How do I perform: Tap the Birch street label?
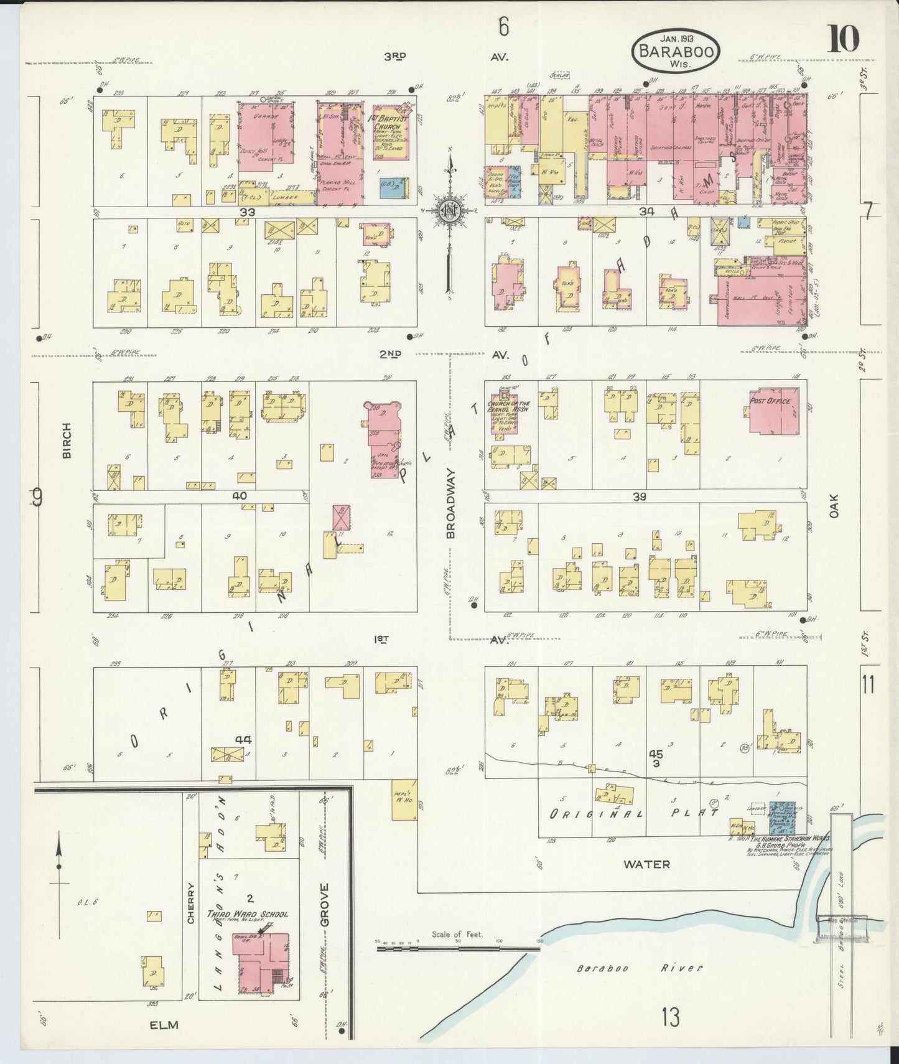click(67, 441)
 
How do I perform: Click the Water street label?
click(647, 864)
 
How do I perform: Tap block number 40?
click(238, 496)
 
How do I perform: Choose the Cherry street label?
click(191, 903)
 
